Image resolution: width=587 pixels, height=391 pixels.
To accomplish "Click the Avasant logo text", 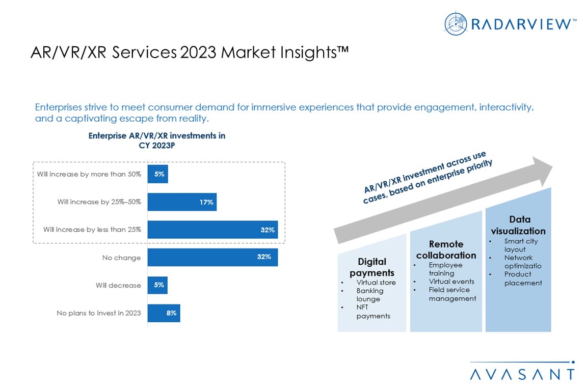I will pyautogui.click(x=522, y=374).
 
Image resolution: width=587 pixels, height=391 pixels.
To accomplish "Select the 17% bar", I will pyautogui.click(x=182, y=202).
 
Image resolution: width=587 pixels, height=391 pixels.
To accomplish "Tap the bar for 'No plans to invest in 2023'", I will pyautogui.click(x=164, y=313).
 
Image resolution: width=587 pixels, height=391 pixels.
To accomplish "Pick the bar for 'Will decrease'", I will pyautogui.click(x=157, y=285).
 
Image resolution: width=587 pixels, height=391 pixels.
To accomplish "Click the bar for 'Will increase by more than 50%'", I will pyautogui.click(x=157, y=174).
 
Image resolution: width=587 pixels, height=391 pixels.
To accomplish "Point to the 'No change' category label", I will pyautogui.click(x=121, y=258).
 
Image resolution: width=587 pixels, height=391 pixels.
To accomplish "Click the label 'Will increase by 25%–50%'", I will pyautogui.click(x=99, y=202).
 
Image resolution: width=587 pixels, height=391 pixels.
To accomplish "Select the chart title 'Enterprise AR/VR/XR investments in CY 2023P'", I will pyautogui.click(x=156, y=140).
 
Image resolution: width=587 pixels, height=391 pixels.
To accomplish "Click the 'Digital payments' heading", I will pyautogui.click(x=372, y=267).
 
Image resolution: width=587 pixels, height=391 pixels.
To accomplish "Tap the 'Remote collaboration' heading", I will pyautogui.click(x=446, y=249).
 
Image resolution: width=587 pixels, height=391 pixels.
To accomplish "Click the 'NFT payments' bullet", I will pyautogui.click(x=373, y=312).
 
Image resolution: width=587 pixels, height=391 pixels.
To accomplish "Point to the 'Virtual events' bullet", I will pyautogui.click(x=451, y=282).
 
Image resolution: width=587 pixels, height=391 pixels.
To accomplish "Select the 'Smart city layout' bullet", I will pyautogui.click(x=521, y=245).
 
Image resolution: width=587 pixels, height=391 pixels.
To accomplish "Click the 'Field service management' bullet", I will pyautogui.click(x=452, y=294).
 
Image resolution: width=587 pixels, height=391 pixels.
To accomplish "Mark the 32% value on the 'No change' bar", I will pyautogui.click(x=264, y=257).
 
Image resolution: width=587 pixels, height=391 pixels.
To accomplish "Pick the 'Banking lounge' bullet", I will pyautogui.click(x=370, y=295).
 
